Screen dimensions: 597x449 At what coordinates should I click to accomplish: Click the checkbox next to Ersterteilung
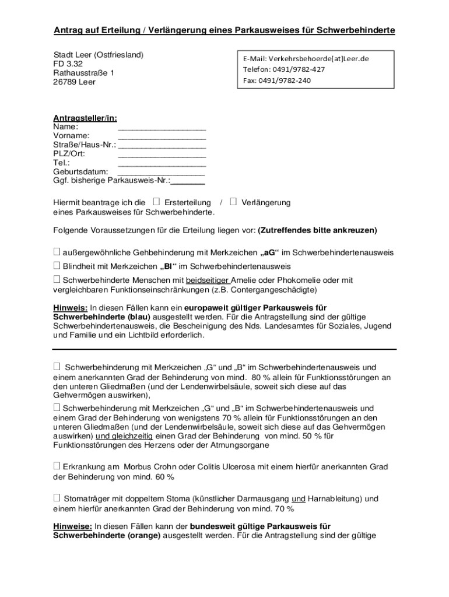click(x=156, y=202)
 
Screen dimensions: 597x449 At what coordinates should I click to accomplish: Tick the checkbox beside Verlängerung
click(x=233, y=202)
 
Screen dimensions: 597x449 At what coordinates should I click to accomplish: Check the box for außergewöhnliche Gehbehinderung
click(x=57, y=252)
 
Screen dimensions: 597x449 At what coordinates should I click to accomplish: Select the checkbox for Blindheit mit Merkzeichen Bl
click(x=57, y=266)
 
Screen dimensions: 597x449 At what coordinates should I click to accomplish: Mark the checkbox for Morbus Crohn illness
click(x=57, y=466)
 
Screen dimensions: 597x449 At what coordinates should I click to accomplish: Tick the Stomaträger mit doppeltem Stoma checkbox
click(x=57, y=498)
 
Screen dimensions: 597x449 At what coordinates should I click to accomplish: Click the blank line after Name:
click(x=162, y=127)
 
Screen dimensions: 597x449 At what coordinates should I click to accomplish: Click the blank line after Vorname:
click(x=162, y=136)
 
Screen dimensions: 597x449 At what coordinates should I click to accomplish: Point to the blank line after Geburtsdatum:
click(x=162, y=173)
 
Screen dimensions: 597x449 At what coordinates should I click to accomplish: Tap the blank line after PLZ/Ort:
click(x=162, y=154)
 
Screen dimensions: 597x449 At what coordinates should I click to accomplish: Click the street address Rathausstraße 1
click(x=84, y=73)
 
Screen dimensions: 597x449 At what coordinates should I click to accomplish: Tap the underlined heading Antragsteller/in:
click(x=85, y=118)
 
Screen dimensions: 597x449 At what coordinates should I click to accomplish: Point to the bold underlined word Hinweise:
click(x=72, y=526)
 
